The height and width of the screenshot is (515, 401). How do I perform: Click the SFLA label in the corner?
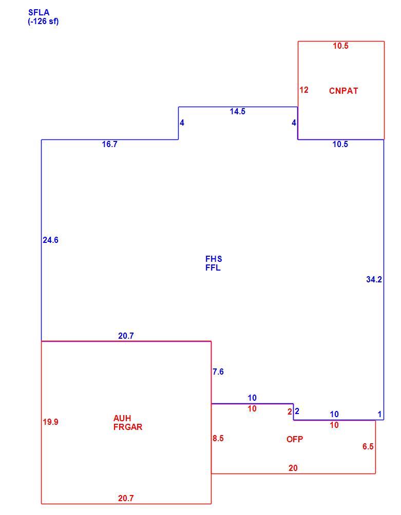(39, 12)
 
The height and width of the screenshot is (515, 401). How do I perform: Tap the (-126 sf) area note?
(44, 22)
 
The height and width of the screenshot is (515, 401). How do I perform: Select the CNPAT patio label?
(343, 91)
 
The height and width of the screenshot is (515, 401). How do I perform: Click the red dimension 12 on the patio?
(304, 90)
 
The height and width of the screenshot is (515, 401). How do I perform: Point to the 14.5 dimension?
(238, 111)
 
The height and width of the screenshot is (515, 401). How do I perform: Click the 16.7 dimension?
(109, 144)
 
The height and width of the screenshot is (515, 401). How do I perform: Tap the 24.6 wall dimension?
(50, 240)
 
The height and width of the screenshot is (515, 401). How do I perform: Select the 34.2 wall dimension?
(374, 279)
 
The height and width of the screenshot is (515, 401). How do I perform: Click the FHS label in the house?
(214, 259)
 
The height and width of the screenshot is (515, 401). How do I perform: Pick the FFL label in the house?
(213, 267)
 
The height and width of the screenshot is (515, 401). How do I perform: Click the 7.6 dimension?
(218, 372)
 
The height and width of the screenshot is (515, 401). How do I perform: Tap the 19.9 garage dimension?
(50, 422)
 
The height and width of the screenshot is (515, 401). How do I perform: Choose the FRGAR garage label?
(128, 427)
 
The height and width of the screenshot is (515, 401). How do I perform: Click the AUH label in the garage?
(122, 418)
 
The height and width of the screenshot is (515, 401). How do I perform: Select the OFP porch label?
(295, 439)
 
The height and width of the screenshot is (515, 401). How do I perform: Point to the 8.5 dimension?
(218, 438)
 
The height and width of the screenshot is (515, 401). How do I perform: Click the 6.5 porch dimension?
(368, 446)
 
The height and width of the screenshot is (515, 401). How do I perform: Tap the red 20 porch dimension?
(293, 468)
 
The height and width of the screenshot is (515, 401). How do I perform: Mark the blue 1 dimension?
(379, 414)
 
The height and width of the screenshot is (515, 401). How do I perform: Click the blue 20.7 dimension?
(126, 336)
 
